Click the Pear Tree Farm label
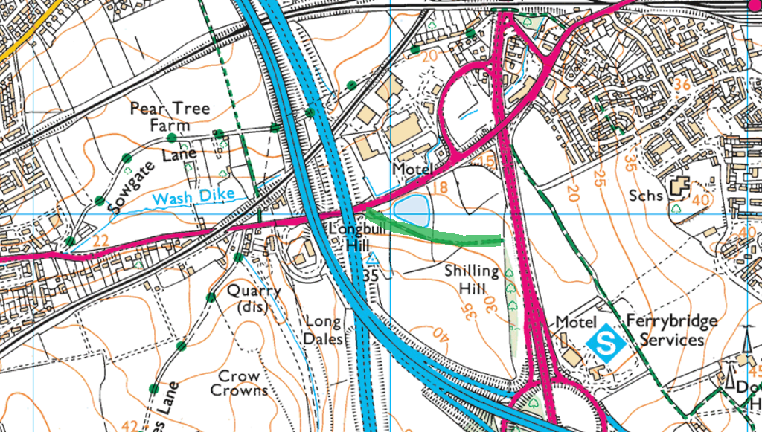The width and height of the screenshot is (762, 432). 170,117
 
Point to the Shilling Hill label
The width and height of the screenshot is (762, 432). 471,280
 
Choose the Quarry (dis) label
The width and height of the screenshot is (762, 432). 254,298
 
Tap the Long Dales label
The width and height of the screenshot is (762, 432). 324,330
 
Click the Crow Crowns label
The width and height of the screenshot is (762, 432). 239,383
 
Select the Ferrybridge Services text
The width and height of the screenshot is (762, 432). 672,330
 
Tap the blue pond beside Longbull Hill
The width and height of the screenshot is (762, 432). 411,211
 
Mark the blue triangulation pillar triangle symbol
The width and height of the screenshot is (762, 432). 372,259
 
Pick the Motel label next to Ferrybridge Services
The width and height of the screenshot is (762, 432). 576,323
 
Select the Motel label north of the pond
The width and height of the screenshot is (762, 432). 412,170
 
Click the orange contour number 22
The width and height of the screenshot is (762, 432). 101,240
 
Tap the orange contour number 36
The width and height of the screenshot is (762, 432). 681,86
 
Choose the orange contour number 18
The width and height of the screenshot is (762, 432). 440,187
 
